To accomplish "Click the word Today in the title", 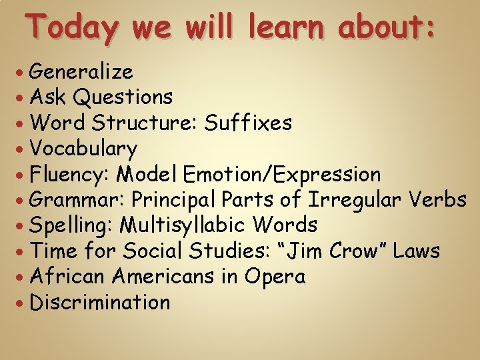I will tap(72, 28).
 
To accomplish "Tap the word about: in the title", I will tap(387, 28).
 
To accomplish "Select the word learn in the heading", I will tap(290, 28).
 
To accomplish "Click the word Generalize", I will tap(81, 71).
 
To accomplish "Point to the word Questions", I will tap(123, 97).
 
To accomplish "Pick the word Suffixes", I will tap(248, 123).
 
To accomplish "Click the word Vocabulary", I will tap(84, 149).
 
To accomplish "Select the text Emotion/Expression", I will tap(282, 175).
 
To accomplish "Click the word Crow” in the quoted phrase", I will tap(354, 251).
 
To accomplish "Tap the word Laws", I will tap(417, 251).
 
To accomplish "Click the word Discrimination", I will tap(101, 303).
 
